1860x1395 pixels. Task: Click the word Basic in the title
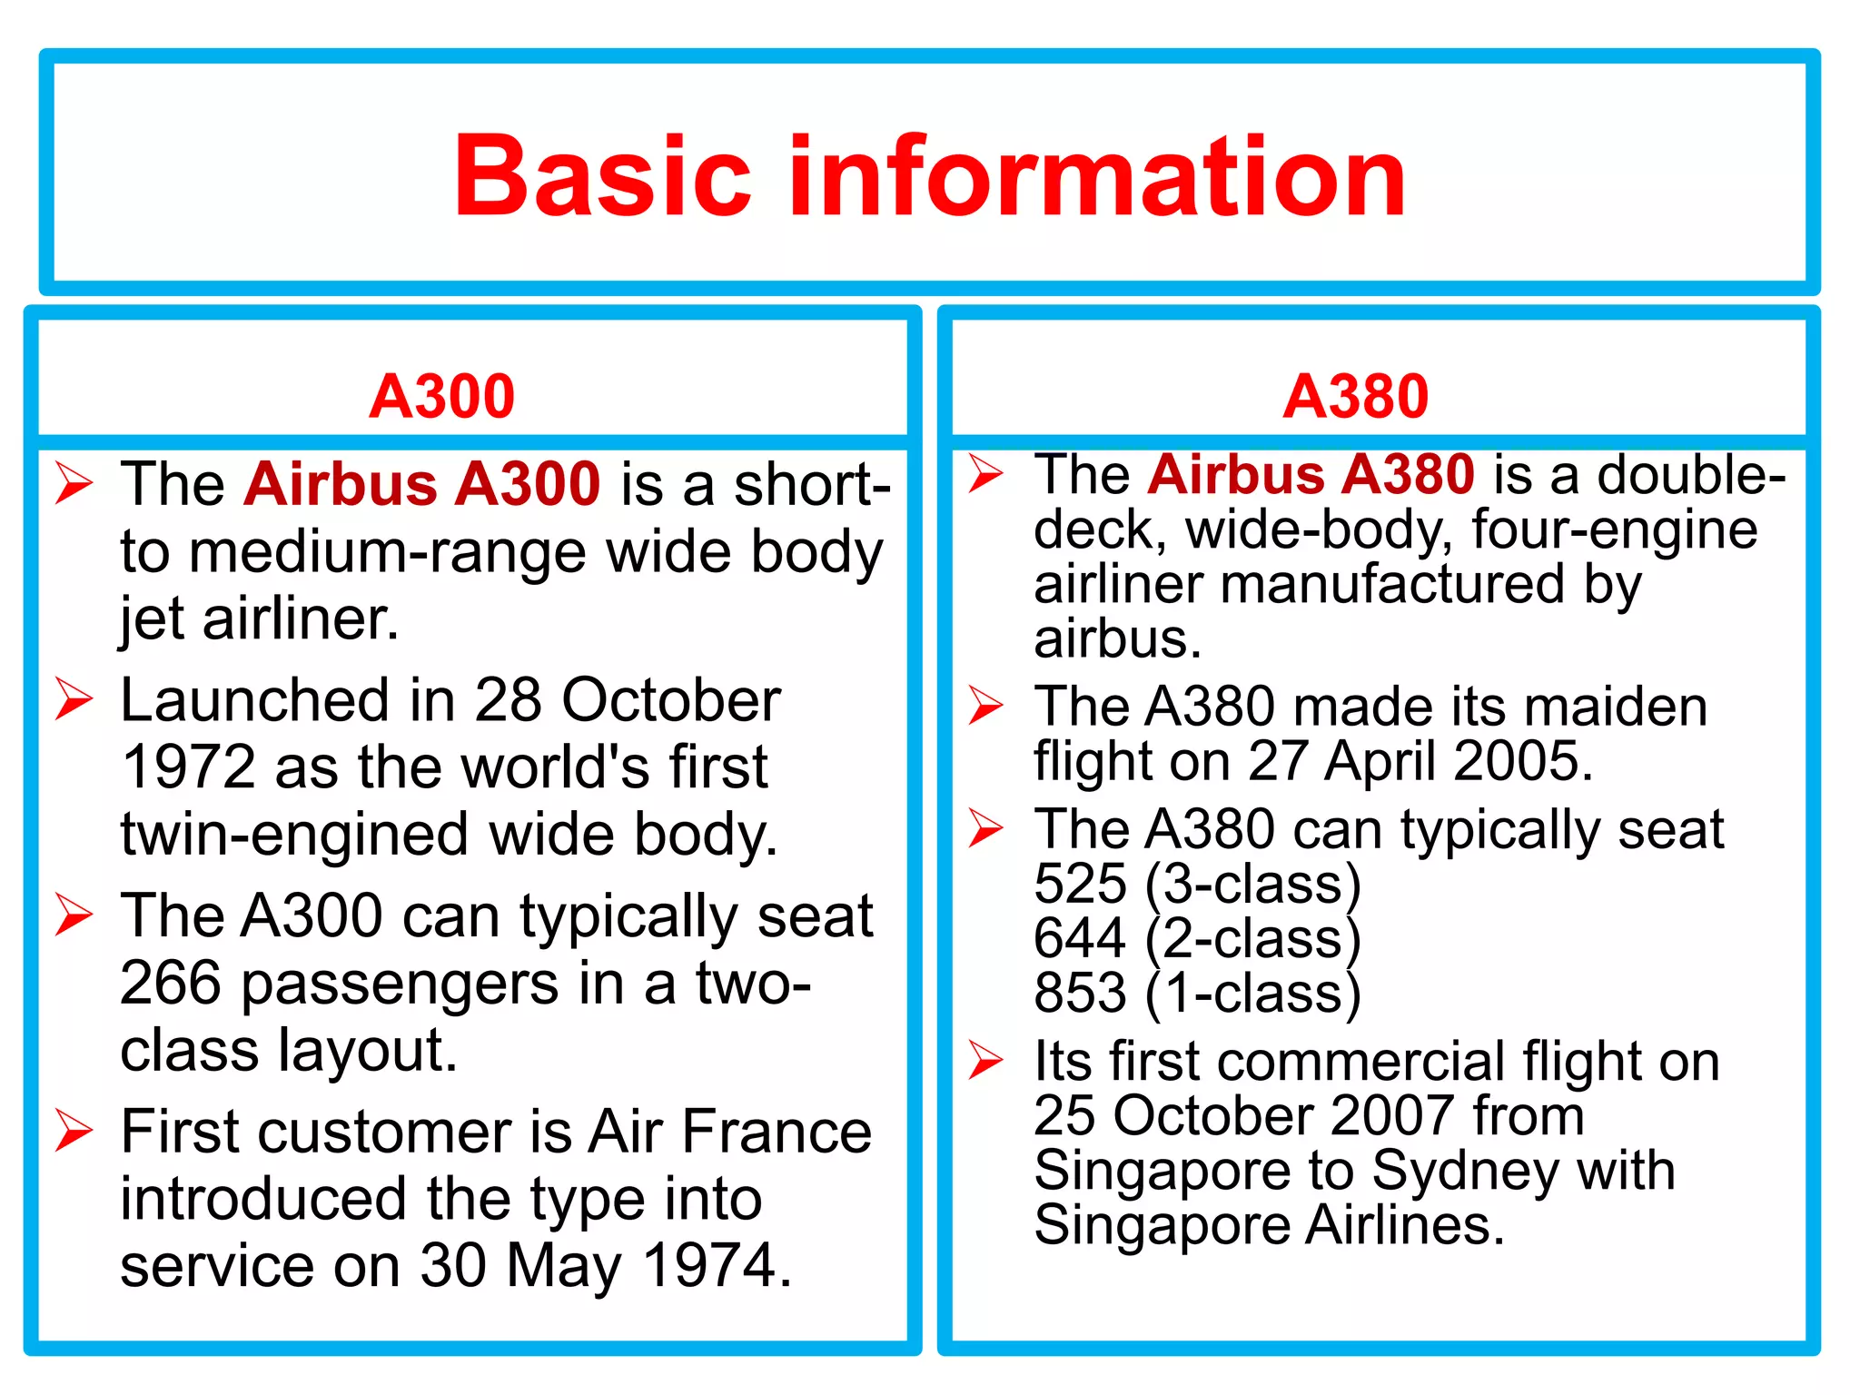(x=602, y=176)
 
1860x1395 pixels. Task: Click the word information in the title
(x=1098, y=176)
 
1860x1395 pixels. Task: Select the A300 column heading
(x=442, y=397)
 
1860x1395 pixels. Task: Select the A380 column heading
(x=1356, y=397)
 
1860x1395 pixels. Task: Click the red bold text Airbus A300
(x=422, y=483)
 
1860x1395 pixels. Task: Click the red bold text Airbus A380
(x=1311, y=474)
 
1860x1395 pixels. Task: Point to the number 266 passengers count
(x=171, y=984)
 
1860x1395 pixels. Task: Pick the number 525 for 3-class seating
(x=1080, y=884)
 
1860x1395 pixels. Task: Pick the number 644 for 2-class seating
(x=1080, y=938)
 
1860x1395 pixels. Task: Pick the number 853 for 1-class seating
(x=1080, y=993)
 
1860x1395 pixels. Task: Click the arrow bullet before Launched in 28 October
(x=74, y=699)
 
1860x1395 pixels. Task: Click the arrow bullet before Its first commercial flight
(x=986, y=1060)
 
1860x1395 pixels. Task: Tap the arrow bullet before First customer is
(x=74, y=1131)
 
